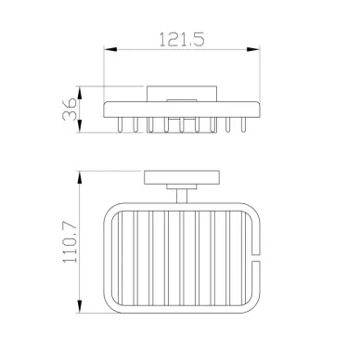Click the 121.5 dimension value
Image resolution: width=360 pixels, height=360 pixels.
pyautogui.click(x=182, y=39)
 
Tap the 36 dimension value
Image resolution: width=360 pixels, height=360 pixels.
pyautogui.click(x=70, y=109)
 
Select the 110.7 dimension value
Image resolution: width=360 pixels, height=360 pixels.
pyautogui.click(x=70, y=242)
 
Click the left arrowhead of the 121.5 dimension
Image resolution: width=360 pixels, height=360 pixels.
pyautogui.click(x=110, y=49)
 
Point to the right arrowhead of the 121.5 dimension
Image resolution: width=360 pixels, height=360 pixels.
pyautogui.click(x=253, y=49)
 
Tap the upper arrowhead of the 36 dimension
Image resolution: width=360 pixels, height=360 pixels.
pyautogui.click(x=80, y=93)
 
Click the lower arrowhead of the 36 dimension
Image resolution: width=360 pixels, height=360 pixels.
pyautogui.click(x=80, y=126)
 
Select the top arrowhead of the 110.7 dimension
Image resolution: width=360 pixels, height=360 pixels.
pyautogui.click(x=80, y=177)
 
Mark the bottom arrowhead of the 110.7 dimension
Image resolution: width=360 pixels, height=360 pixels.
pyautogui.click(x=80, y=306)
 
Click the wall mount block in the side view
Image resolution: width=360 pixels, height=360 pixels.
pyautogui.click(x=182, y=94)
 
